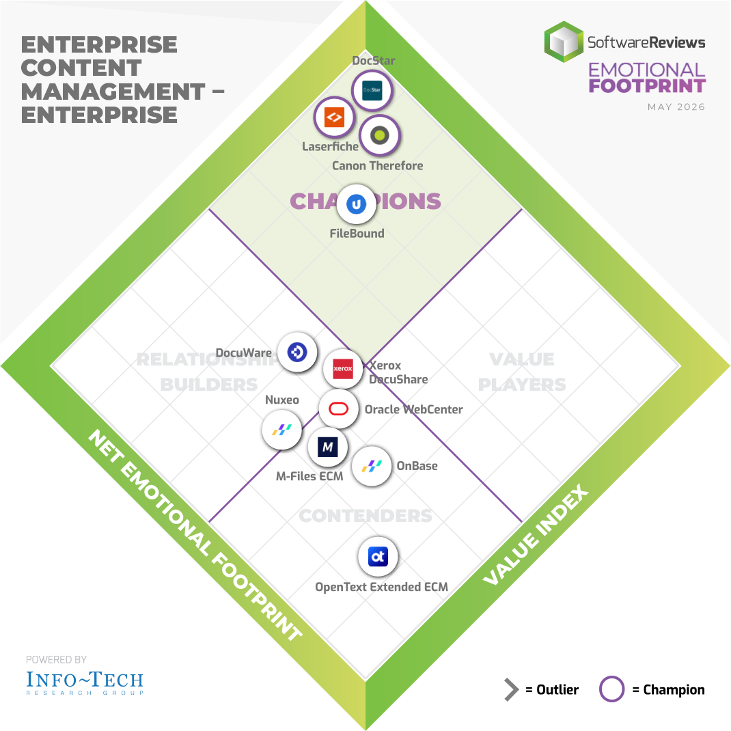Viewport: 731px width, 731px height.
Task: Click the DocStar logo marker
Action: click(372, 90)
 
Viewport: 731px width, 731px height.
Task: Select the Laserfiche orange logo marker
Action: click(334, 117)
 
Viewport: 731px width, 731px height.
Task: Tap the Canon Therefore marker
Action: click(379, 136)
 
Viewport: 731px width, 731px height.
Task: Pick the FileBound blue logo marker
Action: click(356, 204)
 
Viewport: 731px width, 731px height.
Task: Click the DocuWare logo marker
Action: click(297, 352)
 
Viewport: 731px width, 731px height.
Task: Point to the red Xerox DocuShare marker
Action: click(343, 368)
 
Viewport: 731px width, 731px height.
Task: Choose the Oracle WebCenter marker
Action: click(338, 409)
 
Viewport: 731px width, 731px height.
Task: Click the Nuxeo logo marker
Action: click(281, 429)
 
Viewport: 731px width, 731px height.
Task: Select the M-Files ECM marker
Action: click(327, 447)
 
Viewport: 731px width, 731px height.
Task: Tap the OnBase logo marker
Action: click(372, 466)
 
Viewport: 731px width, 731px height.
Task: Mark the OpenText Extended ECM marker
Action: click(378, 557)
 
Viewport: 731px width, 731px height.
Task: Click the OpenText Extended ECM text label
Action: click(381, 587)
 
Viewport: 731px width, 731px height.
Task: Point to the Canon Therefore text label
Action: click(378, 165)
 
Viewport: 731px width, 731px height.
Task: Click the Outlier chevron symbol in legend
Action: click(511, 689)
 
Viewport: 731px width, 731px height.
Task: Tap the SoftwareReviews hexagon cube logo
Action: click(564, 42)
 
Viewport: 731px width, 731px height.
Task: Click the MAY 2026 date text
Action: click(676, 107)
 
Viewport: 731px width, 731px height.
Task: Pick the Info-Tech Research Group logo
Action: click(85, 682)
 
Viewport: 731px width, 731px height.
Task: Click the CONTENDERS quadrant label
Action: click(365, 516)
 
